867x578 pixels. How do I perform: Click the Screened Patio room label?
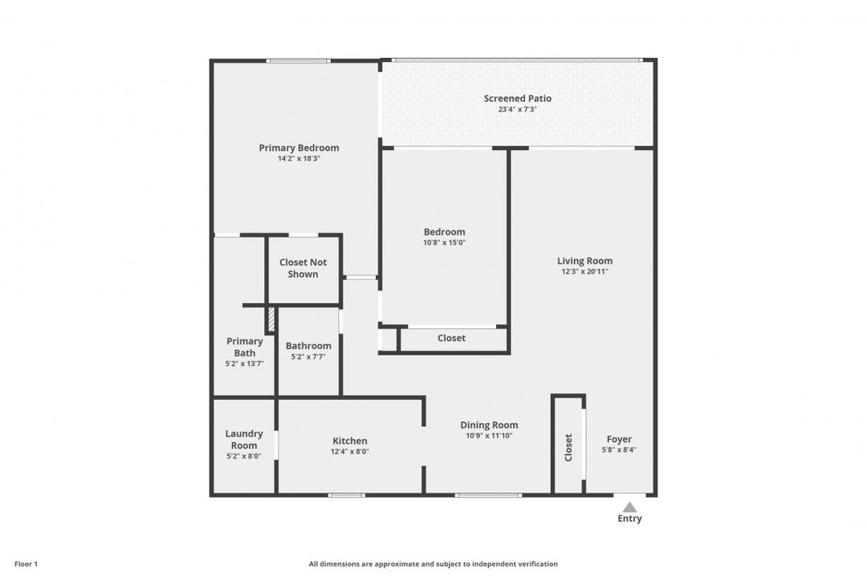517,99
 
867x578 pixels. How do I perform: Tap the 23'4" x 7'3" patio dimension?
517,109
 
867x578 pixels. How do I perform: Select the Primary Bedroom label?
299,148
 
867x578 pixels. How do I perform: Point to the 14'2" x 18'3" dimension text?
299,158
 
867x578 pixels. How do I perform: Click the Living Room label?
584,261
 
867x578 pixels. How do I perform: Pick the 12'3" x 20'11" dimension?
584,271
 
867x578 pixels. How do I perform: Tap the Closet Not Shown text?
303,268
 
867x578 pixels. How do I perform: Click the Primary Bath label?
244,347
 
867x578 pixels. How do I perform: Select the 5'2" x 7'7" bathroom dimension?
308,356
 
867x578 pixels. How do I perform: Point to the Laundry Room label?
244,439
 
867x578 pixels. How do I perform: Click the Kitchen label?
350,441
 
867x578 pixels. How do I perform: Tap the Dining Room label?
489,425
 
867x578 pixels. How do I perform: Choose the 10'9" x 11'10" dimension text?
489,436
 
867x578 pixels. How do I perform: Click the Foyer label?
619,439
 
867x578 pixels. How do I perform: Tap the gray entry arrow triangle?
630,507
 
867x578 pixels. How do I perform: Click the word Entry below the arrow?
630,519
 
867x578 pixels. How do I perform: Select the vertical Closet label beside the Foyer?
568,447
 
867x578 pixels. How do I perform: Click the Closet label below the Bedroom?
451,338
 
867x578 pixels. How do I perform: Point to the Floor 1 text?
26,564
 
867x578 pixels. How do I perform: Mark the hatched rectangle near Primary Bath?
271,319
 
